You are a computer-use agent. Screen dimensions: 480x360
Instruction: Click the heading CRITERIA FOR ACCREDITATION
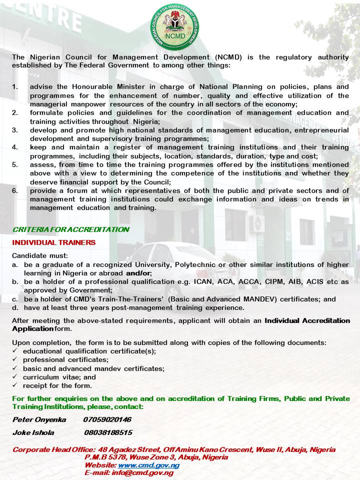[70, 229]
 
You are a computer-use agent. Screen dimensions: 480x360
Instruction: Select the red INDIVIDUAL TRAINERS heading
[54, 242]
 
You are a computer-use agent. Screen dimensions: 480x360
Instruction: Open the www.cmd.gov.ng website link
[148, 465]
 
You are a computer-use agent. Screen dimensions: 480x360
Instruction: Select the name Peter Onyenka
[39, 419]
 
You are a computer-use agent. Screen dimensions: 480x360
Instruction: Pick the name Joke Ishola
[33, 432]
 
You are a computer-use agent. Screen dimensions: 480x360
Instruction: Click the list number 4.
[15, 147]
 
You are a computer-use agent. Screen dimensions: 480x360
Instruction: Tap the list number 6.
[15, 190]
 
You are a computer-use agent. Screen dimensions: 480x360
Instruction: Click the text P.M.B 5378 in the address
[104, 457]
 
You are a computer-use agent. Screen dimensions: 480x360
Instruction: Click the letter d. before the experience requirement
[15, 307]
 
